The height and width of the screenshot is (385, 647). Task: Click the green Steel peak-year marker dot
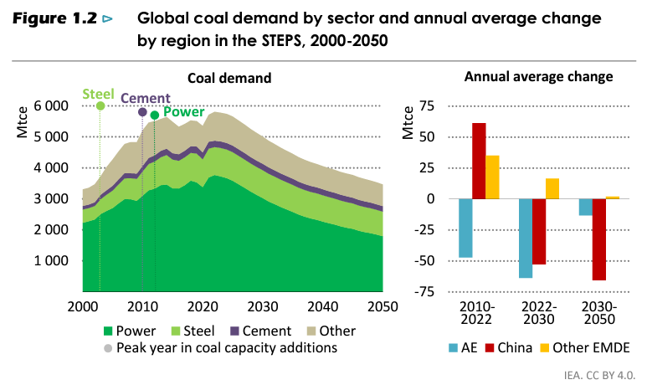pos(100,106)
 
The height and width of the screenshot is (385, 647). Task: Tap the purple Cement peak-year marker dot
pos(142,112)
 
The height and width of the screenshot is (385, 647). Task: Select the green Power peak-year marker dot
pos(154,116)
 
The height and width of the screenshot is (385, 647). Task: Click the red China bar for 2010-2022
pos(479,161)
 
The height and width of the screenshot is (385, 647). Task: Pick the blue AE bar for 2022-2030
pos(526,239)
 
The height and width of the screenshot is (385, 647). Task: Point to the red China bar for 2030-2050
pos(599,239)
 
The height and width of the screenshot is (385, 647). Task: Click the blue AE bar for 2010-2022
pos(465,228)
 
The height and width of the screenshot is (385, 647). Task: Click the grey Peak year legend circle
pos(107,347)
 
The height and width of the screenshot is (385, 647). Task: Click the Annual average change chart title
pos(538,77)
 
